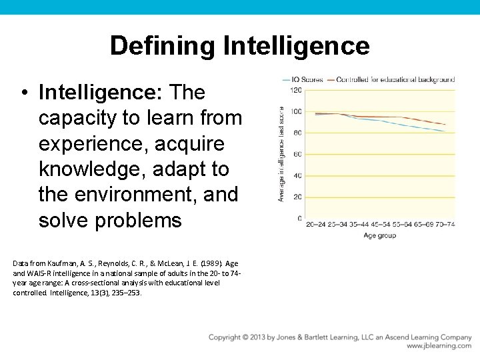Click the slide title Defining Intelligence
(239, 45)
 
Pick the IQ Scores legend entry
(307, 80)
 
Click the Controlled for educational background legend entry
(396, 80)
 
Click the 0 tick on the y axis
(299, 219)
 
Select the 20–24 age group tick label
(316, 225)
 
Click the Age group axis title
(379, 235)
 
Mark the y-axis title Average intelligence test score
(281, 154)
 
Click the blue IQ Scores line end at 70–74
(445, 131)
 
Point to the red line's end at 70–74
(445, 124)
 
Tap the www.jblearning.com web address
(439, 346)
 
